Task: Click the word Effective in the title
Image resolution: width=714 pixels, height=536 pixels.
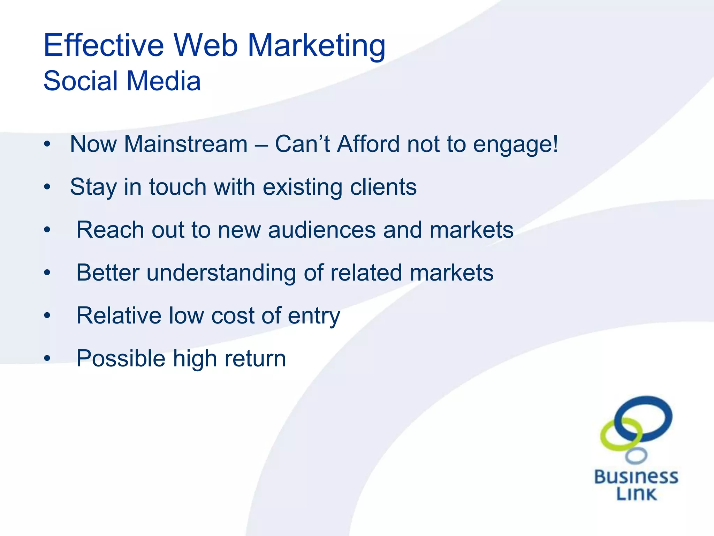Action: (x=104, y=45)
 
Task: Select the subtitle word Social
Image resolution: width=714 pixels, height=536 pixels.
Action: (x=81, y=81)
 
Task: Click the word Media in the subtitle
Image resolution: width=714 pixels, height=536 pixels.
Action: (x=164, y=81)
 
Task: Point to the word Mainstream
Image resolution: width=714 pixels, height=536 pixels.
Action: (x=185, y=144)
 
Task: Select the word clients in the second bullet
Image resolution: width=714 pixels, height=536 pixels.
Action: (x=383, y=187)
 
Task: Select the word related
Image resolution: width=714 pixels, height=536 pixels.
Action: (x=366, y=273)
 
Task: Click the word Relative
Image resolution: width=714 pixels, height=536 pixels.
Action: (x=119, y=315)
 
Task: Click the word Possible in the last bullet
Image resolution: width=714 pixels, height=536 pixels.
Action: (x=121, y=359)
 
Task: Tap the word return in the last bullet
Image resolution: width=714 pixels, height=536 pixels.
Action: (x=255, y=359)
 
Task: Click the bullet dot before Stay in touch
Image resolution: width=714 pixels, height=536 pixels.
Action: (x=47, y=187)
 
